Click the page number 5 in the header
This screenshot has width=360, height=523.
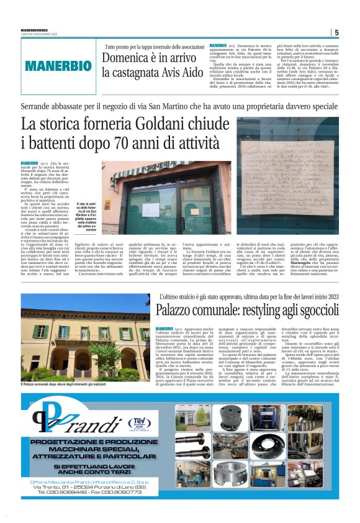click(x=336, y=33)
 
